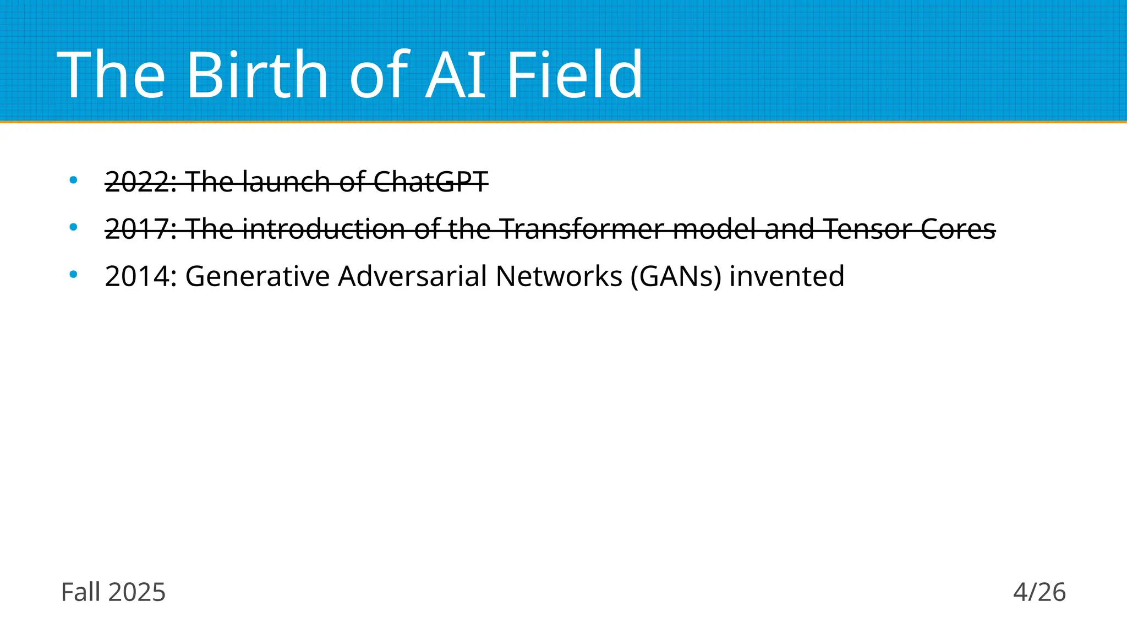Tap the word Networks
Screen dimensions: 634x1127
click(559, 276)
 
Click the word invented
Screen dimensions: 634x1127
click(786, 276)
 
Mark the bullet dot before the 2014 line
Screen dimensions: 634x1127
click(73, 275)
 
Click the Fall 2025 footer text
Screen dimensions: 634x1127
click(113, 593)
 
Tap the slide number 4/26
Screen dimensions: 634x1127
click(1039, 593)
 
